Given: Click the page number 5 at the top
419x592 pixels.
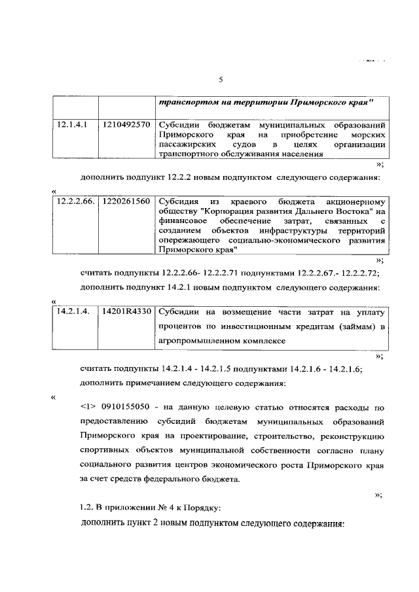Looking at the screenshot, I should coord(221,80).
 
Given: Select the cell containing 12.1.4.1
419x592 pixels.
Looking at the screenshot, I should coord(69,124).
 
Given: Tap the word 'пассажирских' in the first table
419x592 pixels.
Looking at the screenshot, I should coord(185,144).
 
